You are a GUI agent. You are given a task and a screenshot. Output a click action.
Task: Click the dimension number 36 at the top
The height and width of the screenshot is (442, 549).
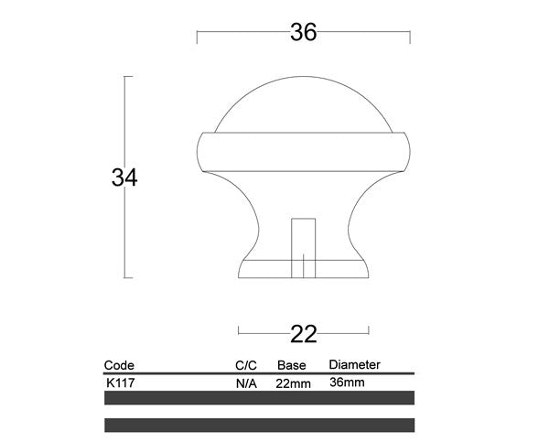(x=303, y=33)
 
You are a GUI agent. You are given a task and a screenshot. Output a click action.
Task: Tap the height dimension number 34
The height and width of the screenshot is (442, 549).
(x=124, y=178)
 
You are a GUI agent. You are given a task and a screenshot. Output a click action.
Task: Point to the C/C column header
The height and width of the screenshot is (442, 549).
(x=245, y=365)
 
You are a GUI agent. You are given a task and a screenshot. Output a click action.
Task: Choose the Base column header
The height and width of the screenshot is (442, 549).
(x=291, y=365)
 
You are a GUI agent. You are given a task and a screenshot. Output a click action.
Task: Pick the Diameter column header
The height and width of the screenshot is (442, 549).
(x=353, y=364)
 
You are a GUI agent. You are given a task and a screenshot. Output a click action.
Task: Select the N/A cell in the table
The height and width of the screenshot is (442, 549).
(x=245, y=383)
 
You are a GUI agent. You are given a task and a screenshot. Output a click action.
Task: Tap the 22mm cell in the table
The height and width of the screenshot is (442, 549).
(x=293, y=383)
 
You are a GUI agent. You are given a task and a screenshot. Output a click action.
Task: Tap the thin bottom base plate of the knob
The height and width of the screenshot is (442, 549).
(x=303, y=269)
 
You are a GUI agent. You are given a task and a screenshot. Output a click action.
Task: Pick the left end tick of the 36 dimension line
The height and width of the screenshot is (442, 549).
(x=198, y=36)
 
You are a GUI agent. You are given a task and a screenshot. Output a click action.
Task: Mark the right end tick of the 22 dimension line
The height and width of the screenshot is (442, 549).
(x=368, y=329)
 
